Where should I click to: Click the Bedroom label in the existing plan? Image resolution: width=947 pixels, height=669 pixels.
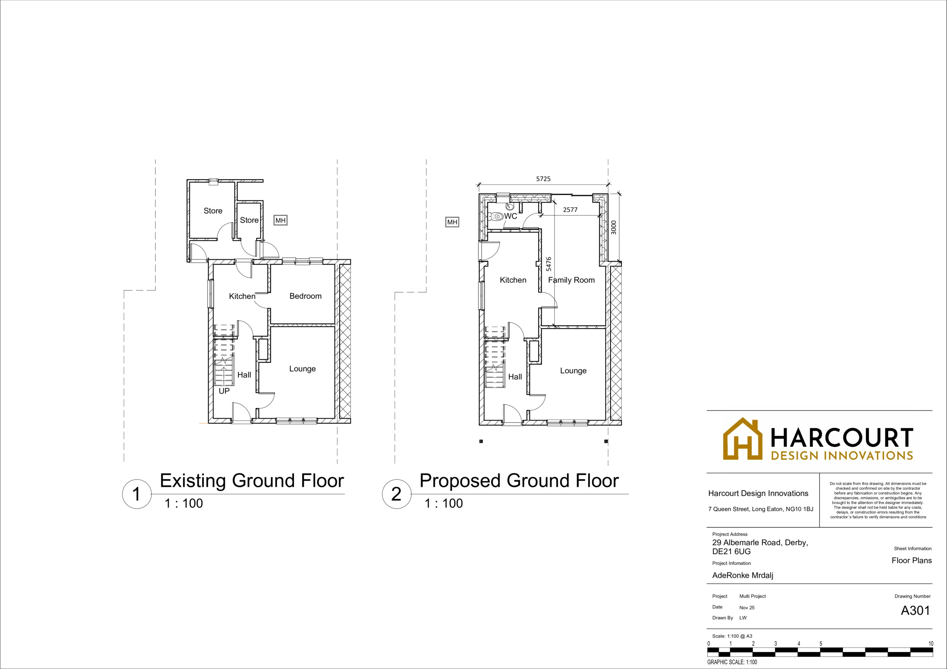pos(305,296)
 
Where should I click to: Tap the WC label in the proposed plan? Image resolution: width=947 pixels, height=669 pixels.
pos(510,216)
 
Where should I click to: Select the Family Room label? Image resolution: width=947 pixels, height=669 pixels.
pos(571,280)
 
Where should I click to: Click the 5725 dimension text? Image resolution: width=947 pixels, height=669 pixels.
pos(543,179)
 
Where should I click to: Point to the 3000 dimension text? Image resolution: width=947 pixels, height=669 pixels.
pos(614,228)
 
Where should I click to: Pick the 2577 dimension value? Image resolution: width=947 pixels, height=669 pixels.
pos(570,210)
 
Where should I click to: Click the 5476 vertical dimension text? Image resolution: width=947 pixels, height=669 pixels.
pos(549,264)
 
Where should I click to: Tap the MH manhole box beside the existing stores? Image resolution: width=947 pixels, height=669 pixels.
pos(280,221)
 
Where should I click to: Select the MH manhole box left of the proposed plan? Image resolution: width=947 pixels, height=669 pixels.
pos(452,222)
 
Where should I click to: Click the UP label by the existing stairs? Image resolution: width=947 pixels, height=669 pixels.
pos(224,391)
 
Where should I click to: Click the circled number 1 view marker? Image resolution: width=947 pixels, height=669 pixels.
pos(137,494)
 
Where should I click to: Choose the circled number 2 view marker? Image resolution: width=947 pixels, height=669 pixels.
pos(396,494)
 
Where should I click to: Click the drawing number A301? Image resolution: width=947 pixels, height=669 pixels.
pos(915,611)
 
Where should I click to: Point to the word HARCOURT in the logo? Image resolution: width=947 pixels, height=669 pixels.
pos(842,437)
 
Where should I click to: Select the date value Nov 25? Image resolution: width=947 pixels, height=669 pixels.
pos(747,608)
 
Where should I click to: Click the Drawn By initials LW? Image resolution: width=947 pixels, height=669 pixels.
pos(743,618)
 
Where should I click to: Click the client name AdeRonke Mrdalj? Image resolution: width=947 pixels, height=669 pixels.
pos(743,575)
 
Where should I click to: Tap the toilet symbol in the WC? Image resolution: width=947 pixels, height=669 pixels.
pos(496,216)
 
